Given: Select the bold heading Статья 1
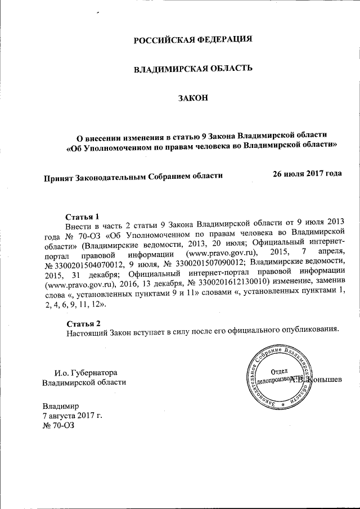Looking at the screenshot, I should pyautogui.click(x=83, y=217).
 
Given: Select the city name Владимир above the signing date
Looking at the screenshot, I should pyautogui.click(x=61, y=405).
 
